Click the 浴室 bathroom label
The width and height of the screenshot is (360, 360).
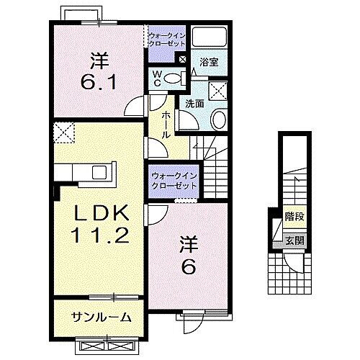tap(210, 63)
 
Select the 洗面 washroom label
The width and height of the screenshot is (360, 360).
tap(194, 103)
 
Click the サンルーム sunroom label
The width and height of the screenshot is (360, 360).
tap(102, 316)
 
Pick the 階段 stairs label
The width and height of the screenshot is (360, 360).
tap(292, 215)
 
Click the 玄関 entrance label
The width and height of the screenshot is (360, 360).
tap(292, 240)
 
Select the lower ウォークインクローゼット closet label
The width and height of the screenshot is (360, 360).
tap(174, 180)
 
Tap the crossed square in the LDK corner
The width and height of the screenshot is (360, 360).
tap(63, 133)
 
